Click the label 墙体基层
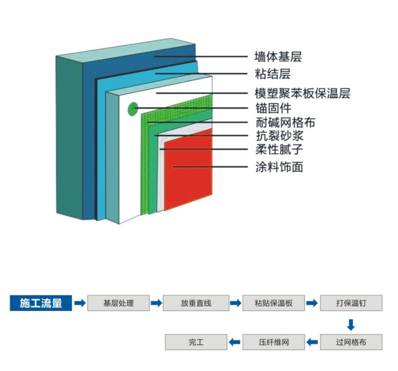pos(278,57)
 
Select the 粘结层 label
pos(272,74)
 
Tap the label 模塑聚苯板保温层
pos(302,93)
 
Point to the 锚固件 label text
pos(273,108)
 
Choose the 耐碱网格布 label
pos(285,122)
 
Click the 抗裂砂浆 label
pos(280,136)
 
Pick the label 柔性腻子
pos(279,149)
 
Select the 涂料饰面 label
pos(279,167)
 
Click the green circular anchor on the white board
pos(132,109)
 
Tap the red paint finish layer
pos(188,170)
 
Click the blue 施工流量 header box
pos(41,303)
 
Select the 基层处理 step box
pos(118,303)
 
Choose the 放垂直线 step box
pos(196,303)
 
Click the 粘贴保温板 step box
pos(274,303)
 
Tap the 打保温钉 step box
pos(351,303)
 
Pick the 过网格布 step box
pos(351,342)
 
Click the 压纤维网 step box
pos(274,342)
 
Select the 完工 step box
pos(196,342)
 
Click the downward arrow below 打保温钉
pos(351,325)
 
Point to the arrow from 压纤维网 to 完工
pos(234,342)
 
